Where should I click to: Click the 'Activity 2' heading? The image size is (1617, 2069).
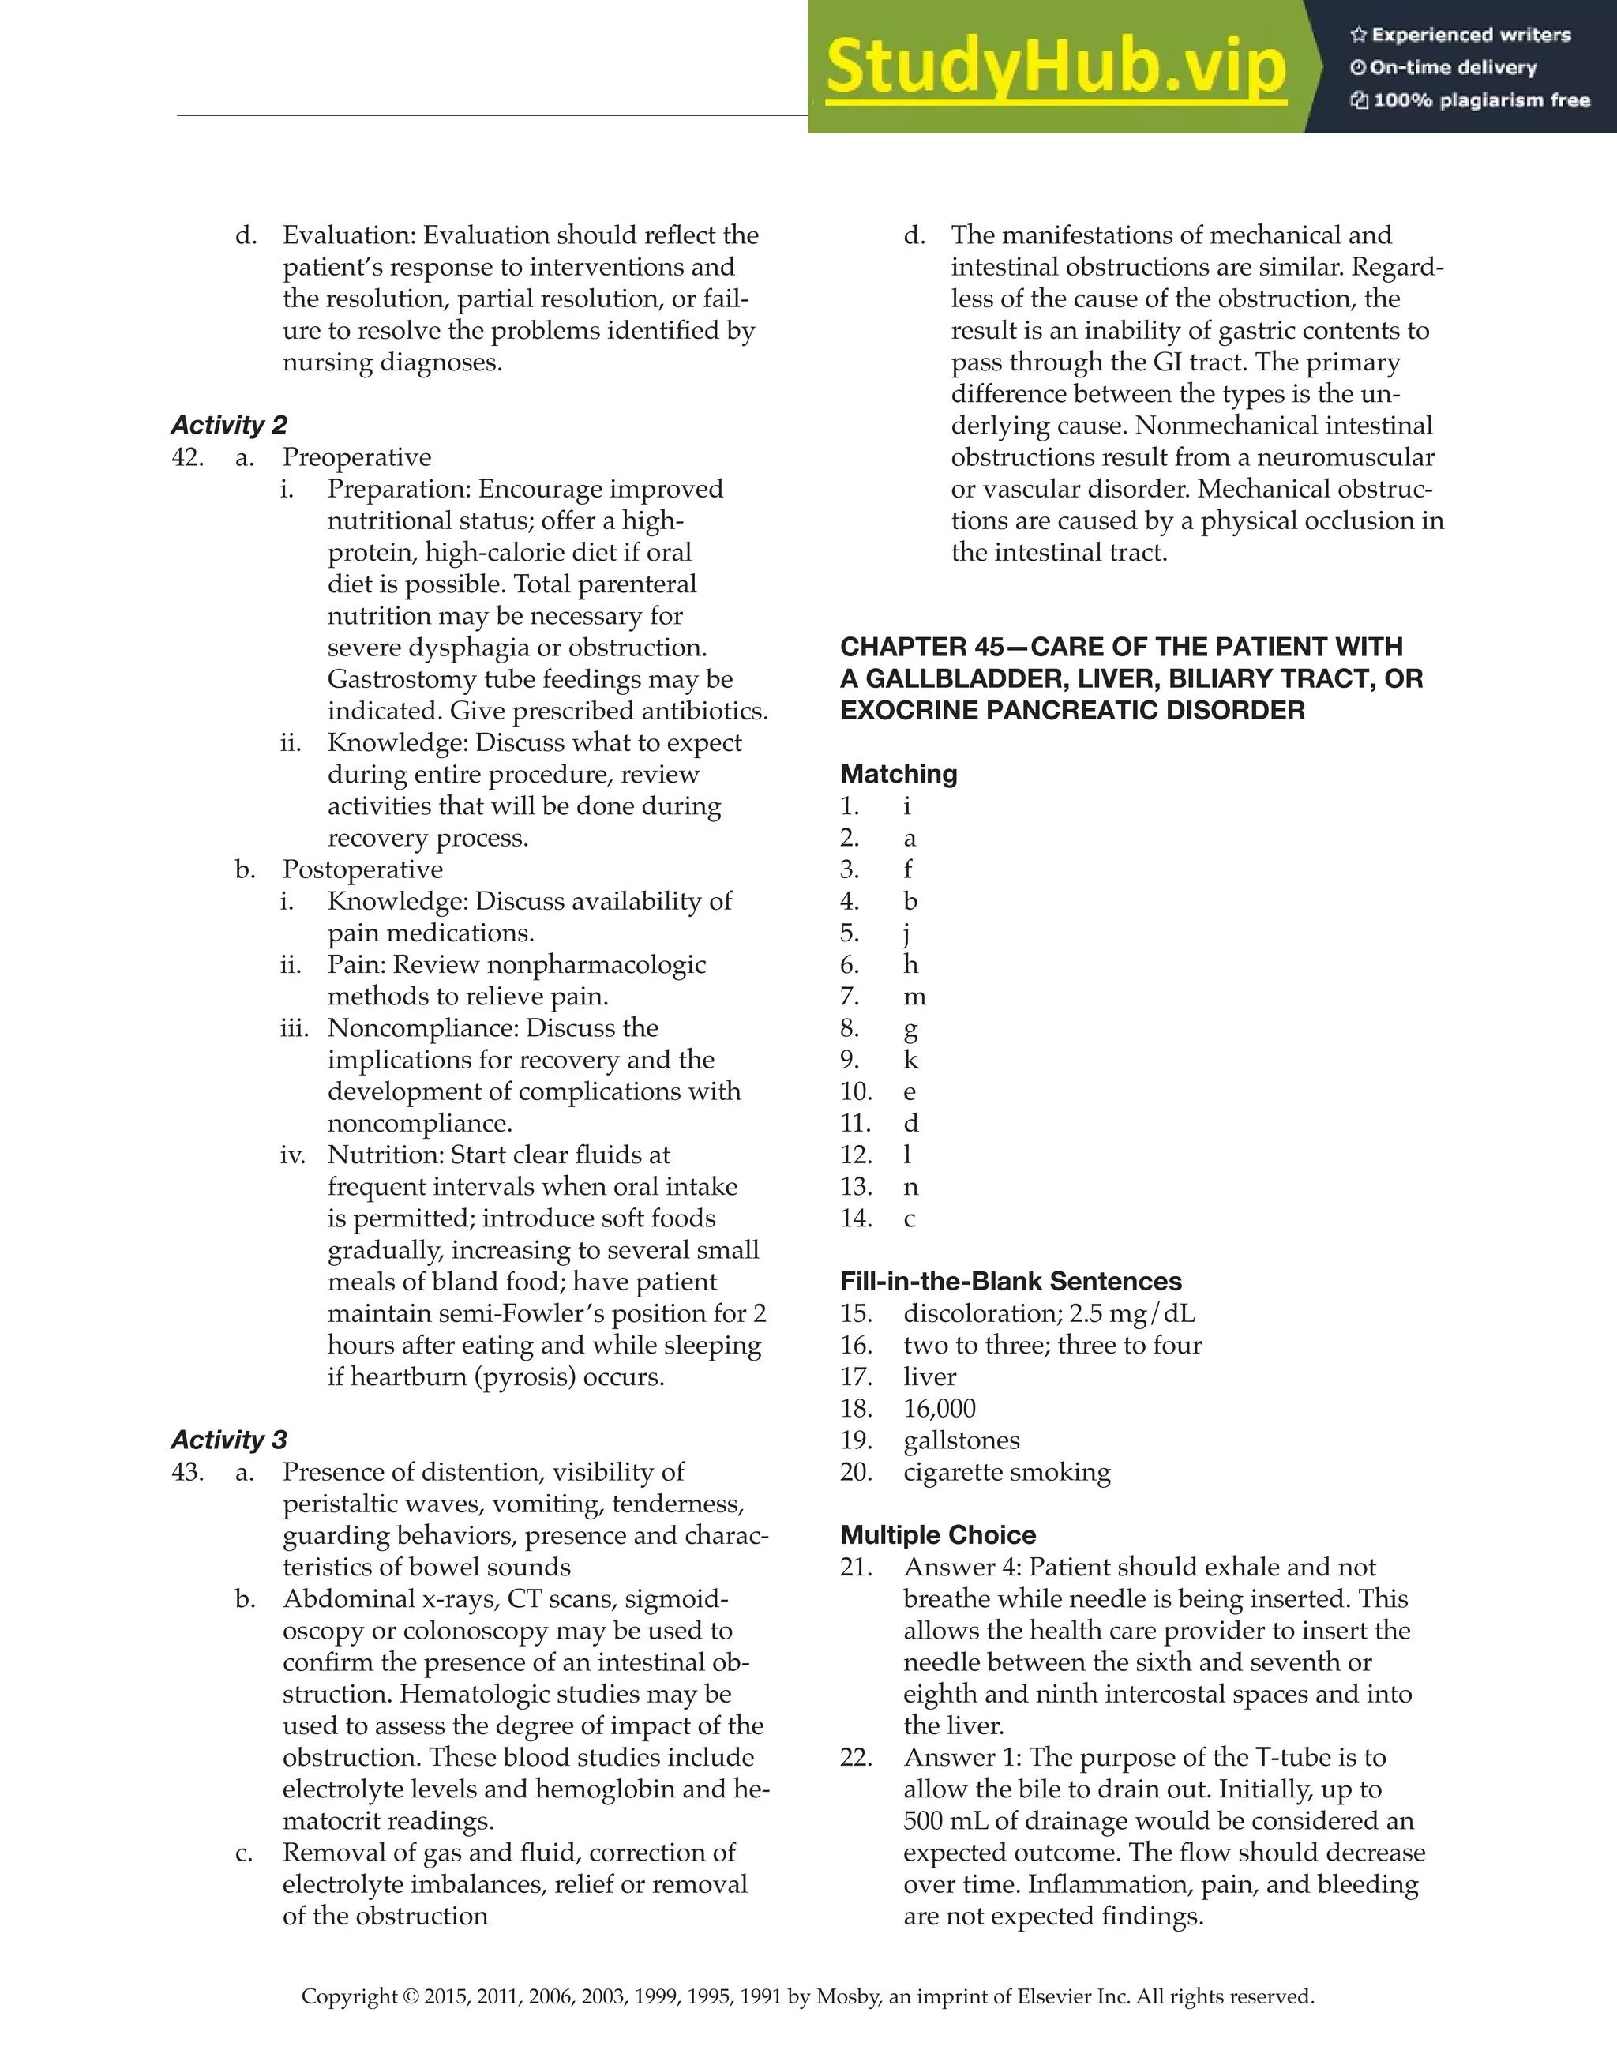click(x=228, y=426)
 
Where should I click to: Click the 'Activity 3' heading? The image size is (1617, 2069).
click(x=228, y=1440)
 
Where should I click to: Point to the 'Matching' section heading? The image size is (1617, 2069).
click(x=898, y=774)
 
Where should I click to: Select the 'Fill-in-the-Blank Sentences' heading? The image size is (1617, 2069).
click(x=1011, y=1282)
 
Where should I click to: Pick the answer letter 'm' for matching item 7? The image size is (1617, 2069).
click(x=914, y=997)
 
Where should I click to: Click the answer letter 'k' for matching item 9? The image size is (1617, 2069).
click(x=910, y=1060)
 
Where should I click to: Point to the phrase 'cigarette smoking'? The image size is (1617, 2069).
click(x=1007, y=1472)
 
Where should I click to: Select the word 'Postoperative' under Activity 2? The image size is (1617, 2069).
click(x=362, y=869)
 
